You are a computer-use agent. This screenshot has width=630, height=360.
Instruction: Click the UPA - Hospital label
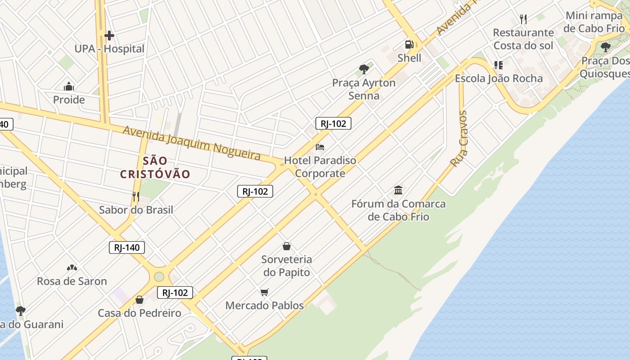[x=109, y=49]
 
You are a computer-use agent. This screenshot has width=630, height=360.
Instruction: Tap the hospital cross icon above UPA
[x=109, y=36]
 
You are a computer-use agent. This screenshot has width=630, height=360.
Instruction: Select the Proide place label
[x=69, y=99]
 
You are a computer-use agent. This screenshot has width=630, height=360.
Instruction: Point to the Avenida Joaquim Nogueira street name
[x=192, y=143]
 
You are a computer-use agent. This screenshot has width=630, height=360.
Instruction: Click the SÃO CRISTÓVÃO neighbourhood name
[x=155, y=167]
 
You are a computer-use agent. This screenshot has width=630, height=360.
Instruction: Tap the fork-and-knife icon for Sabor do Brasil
[x=136, y=197]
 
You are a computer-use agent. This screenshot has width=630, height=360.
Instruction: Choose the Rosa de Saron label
[x=72, y=281]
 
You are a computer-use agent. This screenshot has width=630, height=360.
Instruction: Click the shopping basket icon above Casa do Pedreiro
[x=139, y=300]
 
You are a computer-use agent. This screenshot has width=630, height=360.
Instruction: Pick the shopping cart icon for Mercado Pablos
[x=265, y=292]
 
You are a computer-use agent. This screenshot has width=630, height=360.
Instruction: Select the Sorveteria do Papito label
[x=287, y=265]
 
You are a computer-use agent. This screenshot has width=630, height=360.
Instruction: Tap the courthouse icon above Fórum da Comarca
[x=398, y=190]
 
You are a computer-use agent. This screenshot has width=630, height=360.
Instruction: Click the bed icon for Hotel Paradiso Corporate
[x=320, y=147]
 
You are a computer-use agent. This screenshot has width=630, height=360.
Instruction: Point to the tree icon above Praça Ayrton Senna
[x=364, y=69]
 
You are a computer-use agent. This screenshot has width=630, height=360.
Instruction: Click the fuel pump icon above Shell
[x=409, y=45]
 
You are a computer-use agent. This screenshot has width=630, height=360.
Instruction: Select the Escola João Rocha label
[x=499, y=78]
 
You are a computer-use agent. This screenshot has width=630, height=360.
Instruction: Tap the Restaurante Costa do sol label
[x=523, y=39]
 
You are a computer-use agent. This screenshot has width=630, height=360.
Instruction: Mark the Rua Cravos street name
[x=459, y=139]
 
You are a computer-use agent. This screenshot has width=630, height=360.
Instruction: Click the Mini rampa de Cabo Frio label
[x=594, y=22]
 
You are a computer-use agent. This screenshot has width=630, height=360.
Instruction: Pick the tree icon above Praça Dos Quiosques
[x=606, y=47]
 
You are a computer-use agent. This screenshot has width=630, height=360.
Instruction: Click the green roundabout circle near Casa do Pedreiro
[x=159, y=276]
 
